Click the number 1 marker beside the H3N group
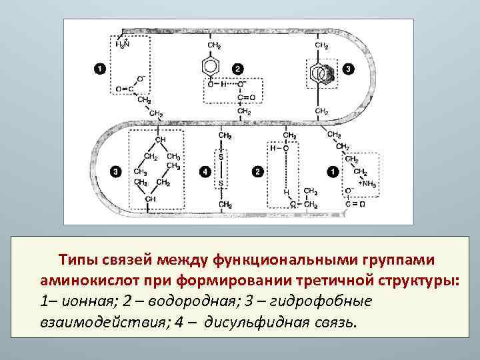tap(98, 69)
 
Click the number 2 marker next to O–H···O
tap(238, 69)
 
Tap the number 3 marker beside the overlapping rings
tap(349, 69)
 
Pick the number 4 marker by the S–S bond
tap(203, 172)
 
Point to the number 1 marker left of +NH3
tap(332, 172)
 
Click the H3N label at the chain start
tap(123, 45)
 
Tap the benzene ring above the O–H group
tap(211, 67)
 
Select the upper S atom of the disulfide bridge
tap(221, 157)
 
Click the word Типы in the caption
tap(77, 259)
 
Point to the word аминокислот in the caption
tap(87, 280)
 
